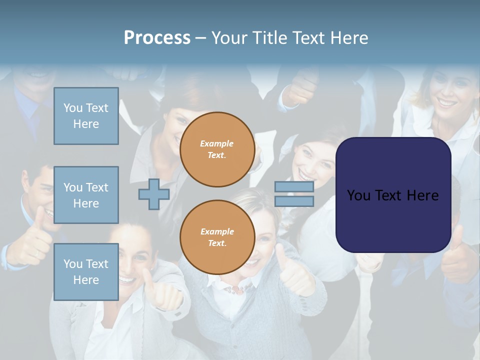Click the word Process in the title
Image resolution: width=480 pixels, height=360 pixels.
157,38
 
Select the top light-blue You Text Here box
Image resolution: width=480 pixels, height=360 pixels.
86,116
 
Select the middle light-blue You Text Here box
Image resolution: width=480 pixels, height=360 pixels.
86,195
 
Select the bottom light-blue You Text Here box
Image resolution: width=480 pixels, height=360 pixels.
86,271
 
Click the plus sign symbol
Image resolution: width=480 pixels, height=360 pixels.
153,194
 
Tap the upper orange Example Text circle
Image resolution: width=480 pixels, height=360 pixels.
217,149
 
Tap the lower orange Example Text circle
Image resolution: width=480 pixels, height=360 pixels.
217,237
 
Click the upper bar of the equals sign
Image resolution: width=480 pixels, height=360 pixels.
294,187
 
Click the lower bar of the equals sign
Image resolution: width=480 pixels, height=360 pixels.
294,201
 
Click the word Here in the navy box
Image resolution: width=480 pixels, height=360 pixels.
422,195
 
